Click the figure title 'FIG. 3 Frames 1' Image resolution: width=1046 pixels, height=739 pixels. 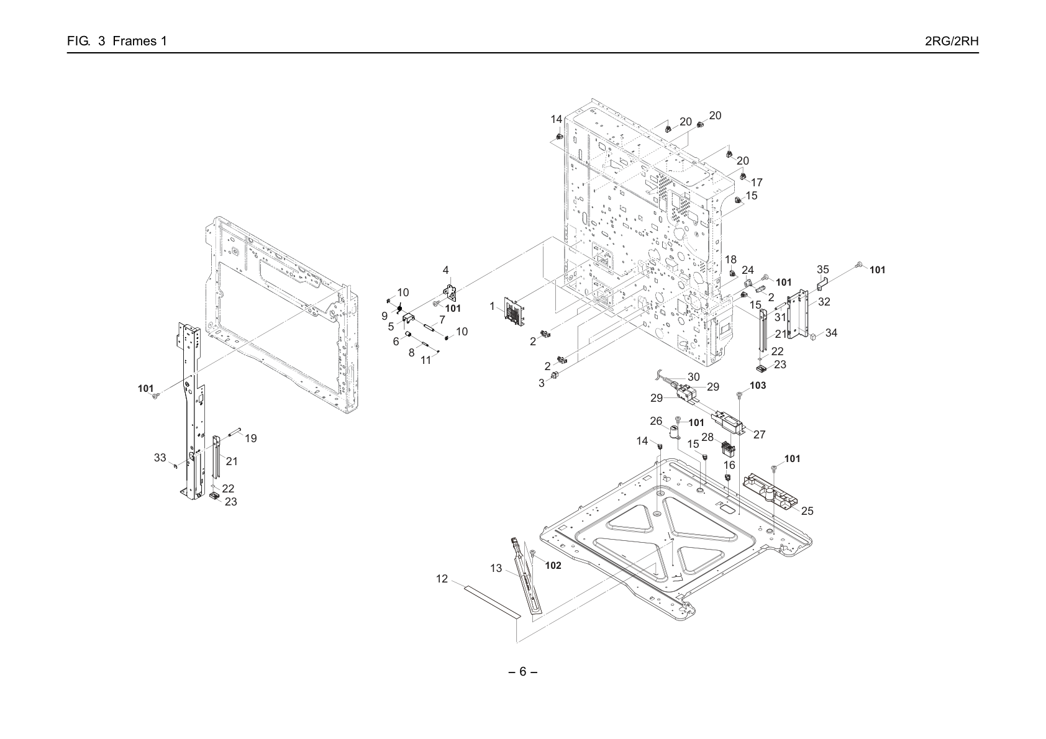pos(117,41)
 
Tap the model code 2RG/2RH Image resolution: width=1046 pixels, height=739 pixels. pos(952,41)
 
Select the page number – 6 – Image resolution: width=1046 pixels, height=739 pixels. pos(522,671)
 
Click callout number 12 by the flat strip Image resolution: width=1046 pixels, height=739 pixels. pos(442,578)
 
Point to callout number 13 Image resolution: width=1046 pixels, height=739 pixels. pos(496,568)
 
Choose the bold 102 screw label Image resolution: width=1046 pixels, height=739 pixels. pos(553,565)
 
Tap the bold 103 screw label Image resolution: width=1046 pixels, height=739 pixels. pos(758,385)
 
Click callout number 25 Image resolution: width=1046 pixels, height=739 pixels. pos(807,510)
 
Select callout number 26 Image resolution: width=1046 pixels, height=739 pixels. pos(656,421)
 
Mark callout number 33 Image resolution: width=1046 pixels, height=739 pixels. pos(160,458)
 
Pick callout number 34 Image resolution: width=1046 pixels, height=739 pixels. pos(831,332)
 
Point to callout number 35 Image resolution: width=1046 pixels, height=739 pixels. pos(823,270)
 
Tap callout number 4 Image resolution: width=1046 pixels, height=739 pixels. pos(445,270)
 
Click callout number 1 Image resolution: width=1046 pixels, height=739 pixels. pos(492,306)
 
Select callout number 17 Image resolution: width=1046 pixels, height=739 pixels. pos(757,182)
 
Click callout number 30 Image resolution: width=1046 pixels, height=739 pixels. pos(693,376)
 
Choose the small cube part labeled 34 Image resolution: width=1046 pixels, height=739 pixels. pos(814,335)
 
